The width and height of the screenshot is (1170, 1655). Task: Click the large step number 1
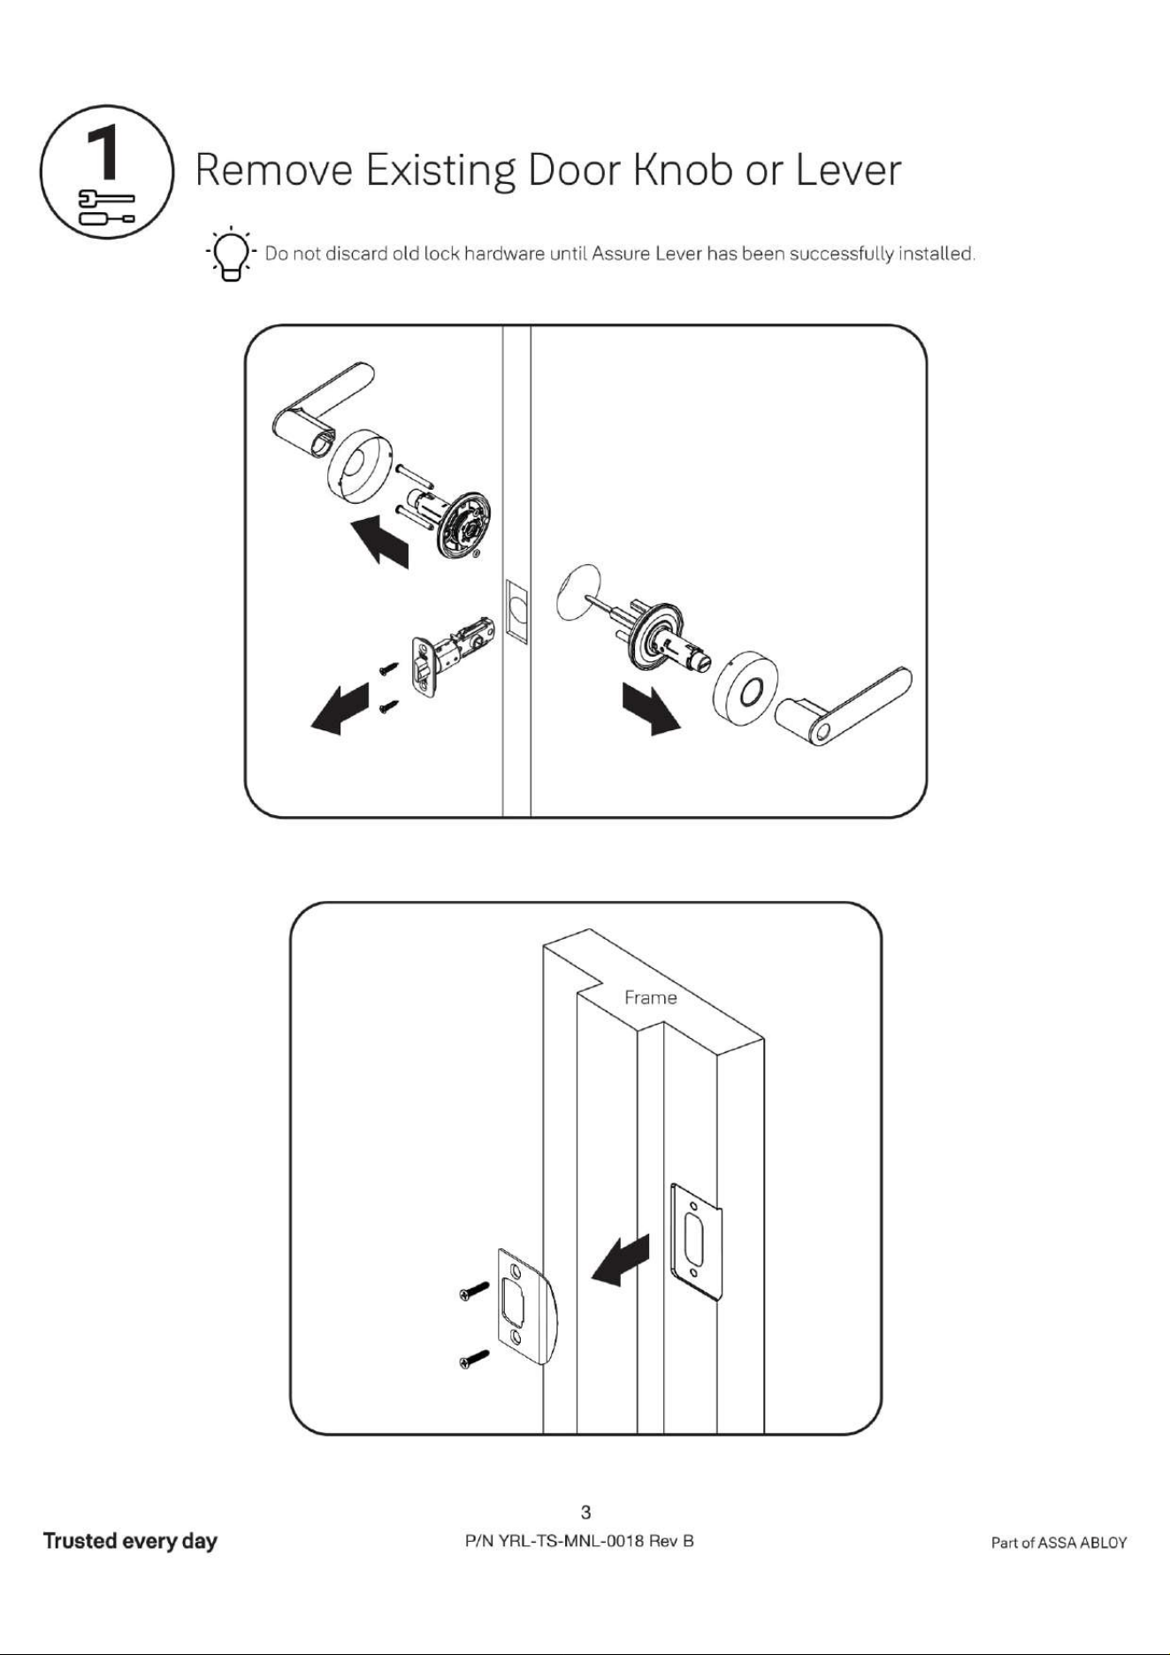pos(104,153)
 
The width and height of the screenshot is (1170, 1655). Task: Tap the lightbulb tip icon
pos(231,254)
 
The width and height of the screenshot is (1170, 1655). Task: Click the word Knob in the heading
pos(683,170)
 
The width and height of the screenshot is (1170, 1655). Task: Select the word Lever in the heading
pos(847,170)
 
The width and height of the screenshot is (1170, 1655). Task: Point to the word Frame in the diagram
pos(650,997)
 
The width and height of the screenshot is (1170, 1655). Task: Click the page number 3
pos(585,1512)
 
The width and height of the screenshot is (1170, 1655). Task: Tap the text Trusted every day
pos(130,1541)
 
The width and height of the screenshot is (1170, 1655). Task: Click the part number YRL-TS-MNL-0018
pos(570,1541)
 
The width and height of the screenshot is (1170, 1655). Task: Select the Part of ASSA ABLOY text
pos(1059,1543)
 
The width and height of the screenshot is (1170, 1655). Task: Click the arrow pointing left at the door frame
pos(621,1260)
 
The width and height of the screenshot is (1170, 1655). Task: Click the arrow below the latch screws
pos(340,707)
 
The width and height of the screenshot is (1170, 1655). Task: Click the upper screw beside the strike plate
pos(474,1290)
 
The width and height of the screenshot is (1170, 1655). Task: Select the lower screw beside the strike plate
pos(474,1358)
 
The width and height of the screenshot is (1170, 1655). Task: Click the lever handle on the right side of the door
pos(845,705)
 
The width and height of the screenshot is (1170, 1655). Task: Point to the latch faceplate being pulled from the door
pos(422,665)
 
